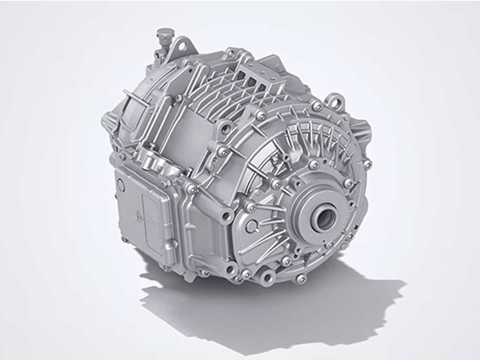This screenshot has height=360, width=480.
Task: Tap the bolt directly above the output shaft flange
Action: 314,165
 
